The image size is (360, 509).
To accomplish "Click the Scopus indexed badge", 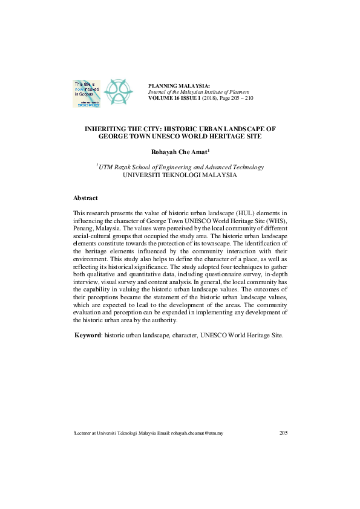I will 87,92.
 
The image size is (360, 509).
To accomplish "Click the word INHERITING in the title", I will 110,129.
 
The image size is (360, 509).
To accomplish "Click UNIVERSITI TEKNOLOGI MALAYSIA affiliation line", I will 180,175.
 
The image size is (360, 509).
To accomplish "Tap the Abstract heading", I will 85,198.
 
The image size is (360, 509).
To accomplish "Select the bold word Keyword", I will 87,335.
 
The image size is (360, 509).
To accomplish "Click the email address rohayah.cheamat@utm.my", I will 197,433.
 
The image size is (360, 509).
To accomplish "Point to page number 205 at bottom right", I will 283,433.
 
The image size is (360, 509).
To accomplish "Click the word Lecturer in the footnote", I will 83,433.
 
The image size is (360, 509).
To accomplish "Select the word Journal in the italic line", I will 159,92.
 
